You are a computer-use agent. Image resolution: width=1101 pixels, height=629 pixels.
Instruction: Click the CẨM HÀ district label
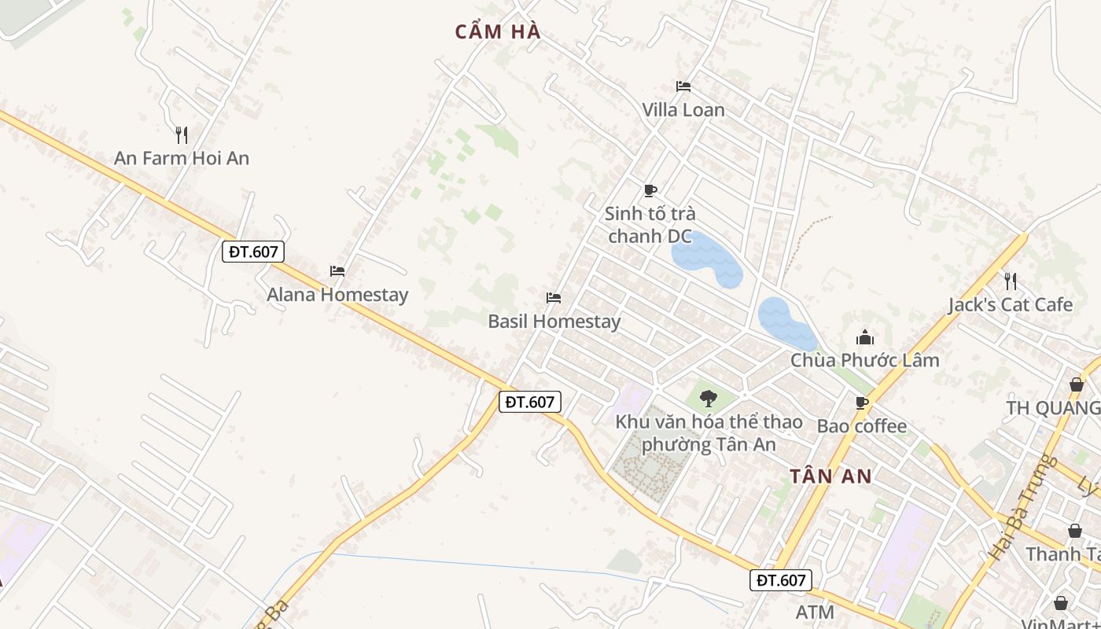coord(498,32)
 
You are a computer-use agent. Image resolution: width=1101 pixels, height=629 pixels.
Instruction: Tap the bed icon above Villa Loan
coord(683,86)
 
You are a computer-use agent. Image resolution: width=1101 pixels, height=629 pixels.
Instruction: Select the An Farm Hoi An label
coord(182,158)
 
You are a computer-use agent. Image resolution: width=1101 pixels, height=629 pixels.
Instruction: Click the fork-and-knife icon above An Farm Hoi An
coord(182,135)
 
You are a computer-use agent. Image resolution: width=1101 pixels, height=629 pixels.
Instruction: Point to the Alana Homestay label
coord(337,295)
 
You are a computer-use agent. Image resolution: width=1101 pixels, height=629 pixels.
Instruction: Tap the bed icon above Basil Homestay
coord(554,298)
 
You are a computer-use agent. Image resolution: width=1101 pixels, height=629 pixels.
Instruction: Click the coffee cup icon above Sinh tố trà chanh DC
coord(650,190)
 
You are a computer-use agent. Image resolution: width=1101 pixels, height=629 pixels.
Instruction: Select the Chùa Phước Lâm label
coord(865,360)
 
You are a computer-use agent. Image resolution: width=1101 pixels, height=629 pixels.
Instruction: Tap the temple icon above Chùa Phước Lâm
coord(865,338)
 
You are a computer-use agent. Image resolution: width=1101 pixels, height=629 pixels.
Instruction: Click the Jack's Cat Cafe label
coord(1011,304)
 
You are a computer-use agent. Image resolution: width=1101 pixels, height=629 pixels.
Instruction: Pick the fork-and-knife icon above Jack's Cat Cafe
coord(1011,281)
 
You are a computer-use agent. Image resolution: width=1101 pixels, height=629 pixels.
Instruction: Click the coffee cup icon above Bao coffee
coord(862,403)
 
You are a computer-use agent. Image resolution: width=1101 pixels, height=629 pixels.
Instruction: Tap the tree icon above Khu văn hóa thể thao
coord(709,399)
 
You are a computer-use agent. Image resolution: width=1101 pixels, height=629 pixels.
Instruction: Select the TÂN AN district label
coord(831,476)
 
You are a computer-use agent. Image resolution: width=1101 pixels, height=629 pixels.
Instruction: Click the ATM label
coord(814,612)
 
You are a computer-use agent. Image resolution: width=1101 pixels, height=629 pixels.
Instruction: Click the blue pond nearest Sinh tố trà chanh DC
coord(705,259)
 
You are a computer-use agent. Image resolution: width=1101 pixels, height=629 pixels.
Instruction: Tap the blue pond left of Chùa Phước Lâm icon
coord(786,323)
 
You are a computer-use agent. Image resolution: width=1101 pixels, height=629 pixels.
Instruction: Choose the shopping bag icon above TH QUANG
coord(1076,384)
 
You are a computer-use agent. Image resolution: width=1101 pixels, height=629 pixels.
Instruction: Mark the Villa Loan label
coord(683,110)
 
